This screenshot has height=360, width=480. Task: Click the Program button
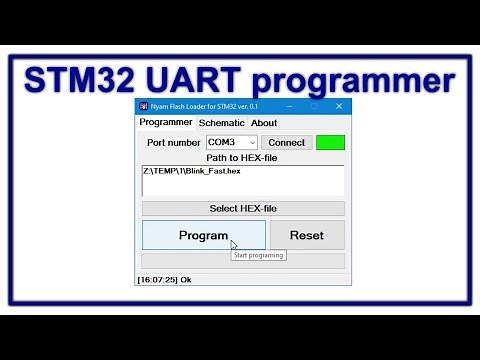click(x=203, y=235)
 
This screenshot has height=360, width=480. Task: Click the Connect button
click(x=287, y=143)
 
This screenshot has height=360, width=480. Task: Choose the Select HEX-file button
click(x=243, y=208)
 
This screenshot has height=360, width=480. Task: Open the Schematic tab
click(x=221, y=123)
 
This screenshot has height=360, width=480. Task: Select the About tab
click(x=264, y=123)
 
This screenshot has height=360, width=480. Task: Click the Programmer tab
click(x=166, y=123)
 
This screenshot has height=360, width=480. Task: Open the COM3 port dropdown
click(x=232, y=143)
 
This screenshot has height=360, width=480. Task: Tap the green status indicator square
click(x=330, y=142)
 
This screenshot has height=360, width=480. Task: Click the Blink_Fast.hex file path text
click(x=193, y=171)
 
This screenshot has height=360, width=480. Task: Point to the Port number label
click(x=173, y=143)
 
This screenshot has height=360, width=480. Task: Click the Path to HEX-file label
click(x=242, y=158)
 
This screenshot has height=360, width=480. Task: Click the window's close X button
click(x=339, y=106)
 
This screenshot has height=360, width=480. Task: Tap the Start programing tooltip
click(x=258, y=255)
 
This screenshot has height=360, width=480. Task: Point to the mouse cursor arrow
click(x=234, y=244)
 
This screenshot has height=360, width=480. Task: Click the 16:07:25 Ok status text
click(x=164, y=280)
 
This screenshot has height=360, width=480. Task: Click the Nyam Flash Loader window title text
click(x=204, y=106)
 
